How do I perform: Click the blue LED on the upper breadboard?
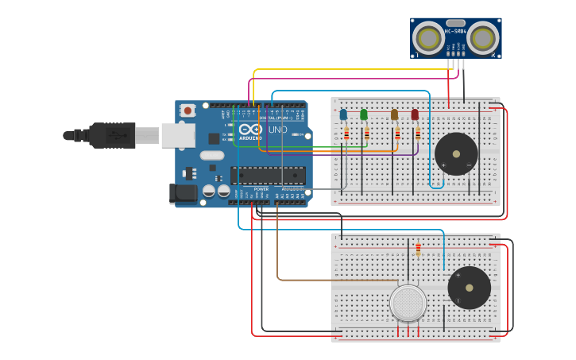click(x=343, y=115)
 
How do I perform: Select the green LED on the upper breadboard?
click(x=364, y=115)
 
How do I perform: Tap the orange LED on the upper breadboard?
click(x=394, y=115)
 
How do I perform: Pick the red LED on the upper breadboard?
click(x=415, y=115)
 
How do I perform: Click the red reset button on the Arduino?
click(x=188, y=110)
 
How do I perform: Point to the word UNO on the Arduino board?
click(x=278, y=130)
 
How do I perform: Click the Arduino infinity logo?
click(x=250, y=130)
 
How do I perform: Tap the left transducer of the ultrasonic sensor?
click(x=429, y=38)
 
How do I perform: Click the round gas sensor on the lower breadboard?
click(x=408, y=303)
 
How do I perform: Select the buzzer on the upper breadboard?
click(x=456, y=153)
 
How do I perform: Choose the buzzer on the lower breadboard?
click(x=469, y=287)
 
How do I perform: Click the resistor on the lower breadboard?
click(x=419, y=250)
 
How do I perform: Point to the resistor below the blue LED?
click(x=346, y=135)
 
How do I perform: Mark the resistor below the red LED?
click(x=418, y=135)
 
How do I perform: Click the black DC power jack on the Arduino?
click(x=184, y=193)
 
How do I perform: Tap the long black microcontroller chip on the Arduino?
click(x=268, y=176)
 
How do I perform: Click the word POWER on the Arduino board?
click(x=261, y=189)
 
